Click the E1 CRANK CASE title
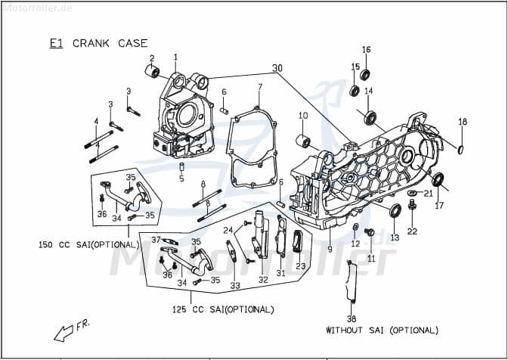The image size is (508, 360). [x=98, y=43]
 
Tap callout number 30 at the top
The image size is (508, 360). [x=277, y=68]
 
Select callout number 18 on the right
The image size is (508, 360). [x=463, y=122]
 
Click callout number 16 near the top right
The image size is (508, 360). [x=366, y=50]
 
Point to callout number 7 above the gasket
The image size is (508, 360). [x=259, y=87]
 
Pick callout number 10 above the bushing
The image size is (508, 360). [x=302, y=116]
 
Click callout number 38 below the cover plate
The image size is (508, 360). [x=352, y=318]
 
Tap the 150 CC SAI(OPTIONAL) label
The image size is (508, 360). [x=89, y=245]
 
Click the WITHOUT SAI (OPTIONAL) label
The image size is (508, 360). [x=382, y=330]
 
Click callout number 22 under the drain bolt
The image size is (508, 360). [x=412, y=231]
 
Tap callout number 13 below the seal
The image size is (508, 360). [x=394, y=237]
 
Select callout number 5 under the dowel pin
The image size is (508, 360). [x=181, y=179]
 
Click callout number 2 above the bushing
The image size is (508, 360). [x=151, y=58]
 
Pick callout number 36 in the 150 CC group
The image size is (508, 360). [x=101, y=214]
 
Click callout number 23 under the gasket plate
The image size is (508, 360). [x=300, y=266]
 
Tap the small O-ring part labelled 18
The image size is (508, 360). [x=460, y=147]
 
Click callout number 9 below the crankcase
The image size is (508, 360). [x=330, y=249]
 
